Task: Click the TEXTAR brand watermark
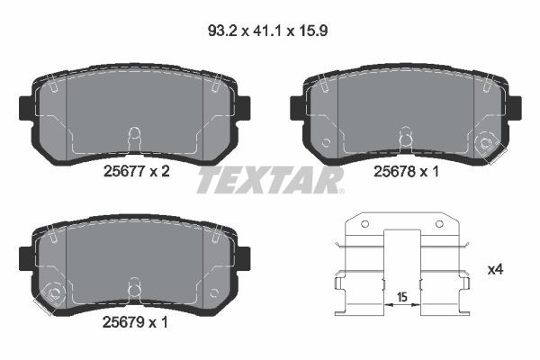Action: (270, 180)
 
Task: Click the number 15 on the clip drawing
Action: (401, 294)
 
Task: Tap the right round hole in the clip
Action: (440, 224)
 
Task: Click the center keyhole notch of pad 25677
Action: (133, 138)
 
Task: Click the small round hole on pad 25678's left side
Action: (327, 142)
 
